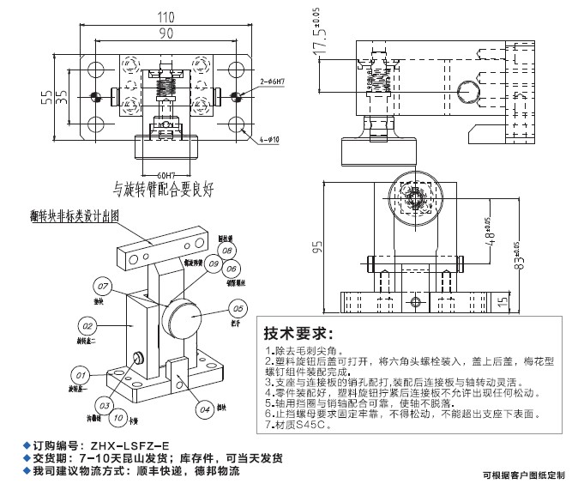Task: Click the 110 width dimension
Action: [x=160, y=17]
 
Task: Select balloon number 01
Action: [x=81, y=376]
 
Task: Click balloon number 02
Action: [x=87, y=325]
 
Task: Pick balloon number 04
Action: [x=205, y=409]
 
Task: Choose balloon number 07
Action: [x=103, y=285]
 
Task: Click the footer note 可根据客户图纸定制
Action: [x=523, y=473]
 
